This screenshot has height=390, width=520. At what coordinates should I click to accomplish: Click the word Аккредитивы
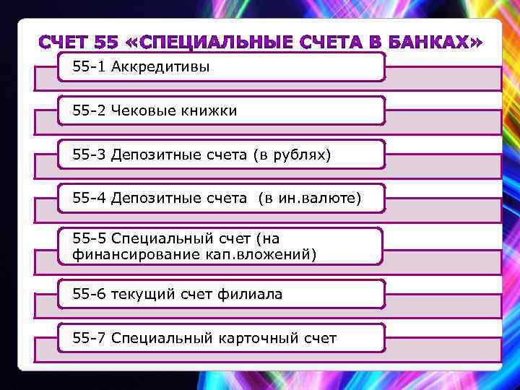160,67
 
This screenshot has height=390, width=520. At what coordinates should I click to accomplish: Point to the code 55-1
90,67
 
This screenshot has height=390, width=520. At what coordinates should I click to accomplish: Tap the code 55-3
90,155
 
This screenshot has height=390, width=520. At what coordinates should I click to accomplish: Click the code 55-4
90,198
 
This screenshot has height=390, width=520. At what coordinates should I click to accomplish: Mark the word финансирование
129,253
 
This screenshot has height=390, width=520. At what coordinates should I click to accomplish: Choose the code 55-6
90,294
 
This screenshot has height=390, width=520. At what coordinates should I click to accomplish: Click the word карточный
259,337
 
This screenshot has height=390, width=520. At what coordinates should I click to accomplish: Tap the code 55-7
90,337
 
